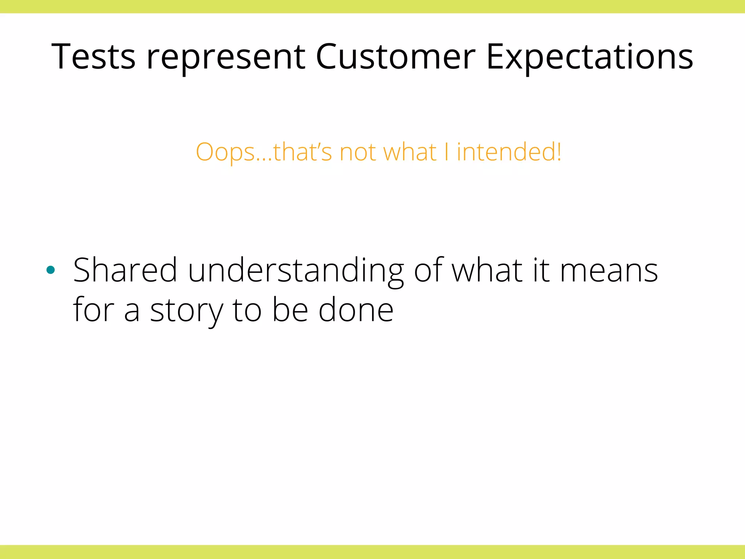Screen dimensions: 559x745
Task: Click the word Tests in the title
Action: point(93,57)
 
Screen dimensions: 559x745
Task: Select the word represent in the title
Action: point(226,57)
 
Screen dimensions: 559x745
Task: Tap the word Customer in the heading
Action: point(395,57)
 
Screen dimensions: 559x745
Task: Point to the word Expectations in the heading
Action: point(590,57)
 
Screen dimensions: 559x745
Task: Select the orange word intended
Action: point(506,152)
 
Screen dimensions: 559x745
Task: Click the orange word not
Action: point(357,152)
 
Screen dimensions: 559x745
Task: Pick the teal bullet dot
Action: point(51,270)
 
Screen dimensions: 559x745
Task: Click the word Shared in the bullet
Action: point(125,270)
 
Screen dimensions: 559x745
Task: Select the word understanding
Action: point(296,270)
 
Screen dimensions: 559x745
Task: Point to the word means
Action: point(609,270)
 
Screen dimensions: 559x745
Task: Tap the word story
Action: point(186,310)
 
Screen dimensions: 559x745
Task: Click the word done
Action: point(356,310)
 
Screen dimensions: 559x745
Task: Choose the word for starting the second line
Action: point(93,310)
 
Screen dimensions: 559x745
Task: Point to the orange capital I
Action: point(446,152)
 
